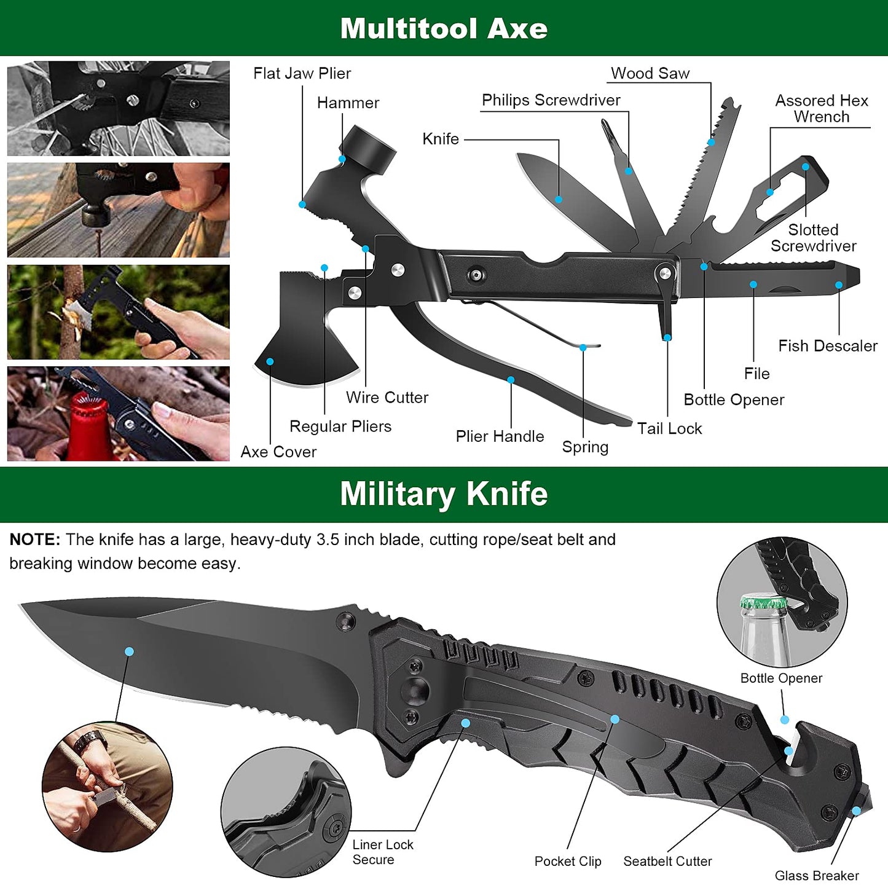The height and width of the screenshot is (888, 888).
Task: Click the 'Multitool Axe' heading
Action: click(x=444, y=28)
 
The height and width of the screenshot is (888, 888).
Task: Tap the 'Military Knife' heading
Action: click(x=444, y=494)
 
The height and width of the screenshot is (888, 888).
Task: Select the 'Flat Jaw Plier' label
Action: click(x=302, y=74)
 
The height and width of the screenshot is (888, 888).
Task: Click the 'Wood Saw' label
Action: click(x=650, y=74)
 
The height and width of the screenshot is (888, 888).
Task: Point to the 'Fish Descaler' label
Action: click(x=827, y=346)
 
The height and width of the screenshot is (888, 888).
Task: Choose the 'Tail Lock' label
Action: click(x=669, y=429)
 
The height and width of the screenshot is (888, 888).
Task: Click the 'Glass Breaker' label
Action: click(x=816, y=876)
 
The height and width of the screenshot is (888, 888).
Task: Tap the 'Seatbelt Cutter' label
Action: click(x=667, y=862)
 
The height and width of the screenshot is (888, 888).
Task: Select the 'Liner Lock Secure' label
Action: click(x=382, y=852)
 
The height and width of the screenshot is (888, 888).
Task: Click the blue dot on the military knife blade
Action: click(x=129, y=651)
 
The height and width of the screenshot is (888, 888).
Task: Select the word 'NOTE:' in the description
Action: click(x=35, y=540)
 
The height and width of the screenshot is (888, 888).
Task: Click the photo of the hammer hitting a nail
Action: click(x=118, y=210)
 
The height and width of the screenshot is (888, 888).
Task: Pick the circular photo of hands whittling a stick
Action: click(x=107, y=787)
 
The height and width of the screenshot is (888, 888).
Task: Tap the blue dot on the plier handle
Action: click(x=511, y=380)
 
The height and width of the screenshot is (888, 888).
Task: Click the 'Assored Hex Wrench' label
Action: click(x=821, y=109)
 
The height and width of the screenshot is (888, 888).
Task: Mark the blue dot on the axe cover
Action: click(x=270, y=361)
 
